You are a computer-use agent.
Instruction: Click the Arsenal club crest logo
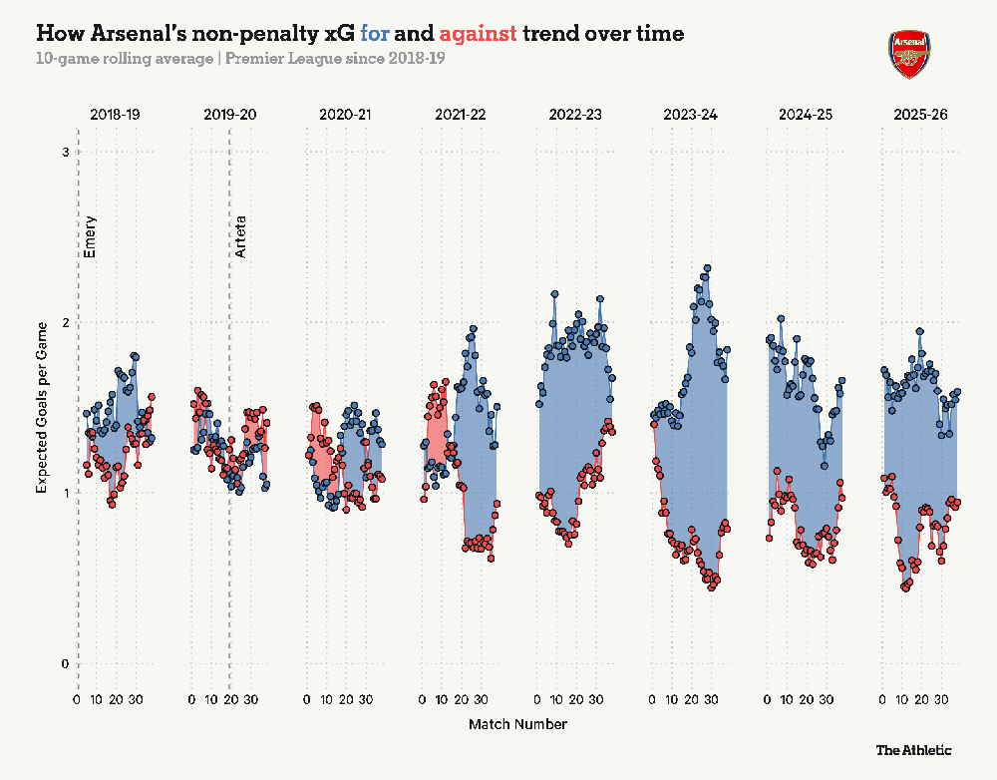click(909, 55)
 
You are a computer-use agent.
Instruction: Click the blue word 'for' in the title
click(374, 33)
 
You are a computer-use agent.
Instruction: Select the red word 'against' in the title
click(478, 34)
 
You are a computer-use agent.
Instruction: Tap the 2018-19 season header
click(115, 115)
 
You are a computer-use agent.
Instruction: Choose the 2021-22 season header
click(461, 115)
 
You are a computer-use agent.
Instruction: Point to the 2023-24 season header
click(691, 115)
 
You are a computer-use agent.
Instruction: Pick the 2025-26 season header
click(920, 115)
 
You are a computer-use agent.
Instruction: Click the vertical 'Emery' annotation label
click(90, 236)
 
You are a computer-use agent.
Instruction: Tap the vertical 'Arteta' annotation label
click(239, 236)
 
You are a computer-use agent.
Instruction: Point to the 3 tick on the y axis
click(64, 152)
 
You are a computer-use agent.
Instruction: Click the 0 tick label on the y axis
click(64, 663)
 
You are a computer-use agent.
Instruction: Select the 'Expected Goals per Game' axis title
click(42, 408)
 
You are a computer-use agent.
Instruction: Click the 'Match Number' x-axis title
click(517, 724)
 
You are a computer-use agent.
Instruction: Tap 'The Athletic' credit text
click(913, 750)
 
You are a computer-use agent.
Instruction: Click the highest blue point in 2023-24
click(707, 268)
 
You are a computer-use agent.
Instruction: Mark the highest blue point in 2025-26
click(919, 331)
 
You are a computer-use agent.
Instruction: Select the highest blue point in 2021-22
click(473, 329)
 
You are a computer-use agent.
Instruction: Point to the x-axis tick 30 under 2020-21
click(366, 700)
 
